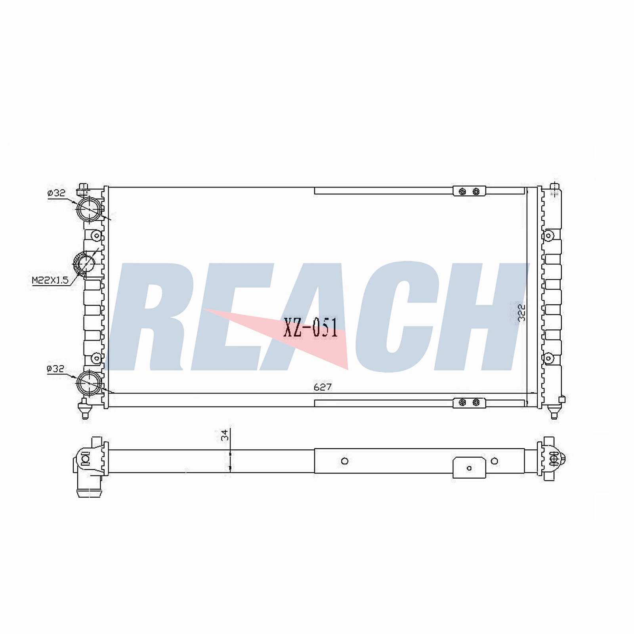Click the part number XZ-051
click(x=311, y=328)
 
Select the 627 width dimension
click(x=323, y=387)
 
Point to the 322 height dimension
click(x=521, y=312)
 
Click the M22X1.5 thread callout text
click(x=50, y=281)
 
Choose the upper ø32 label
click(x=56, y=193)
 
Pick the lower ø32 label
click(x=55, y=369)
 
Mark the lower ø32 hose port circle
click(x=90, y=383)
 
